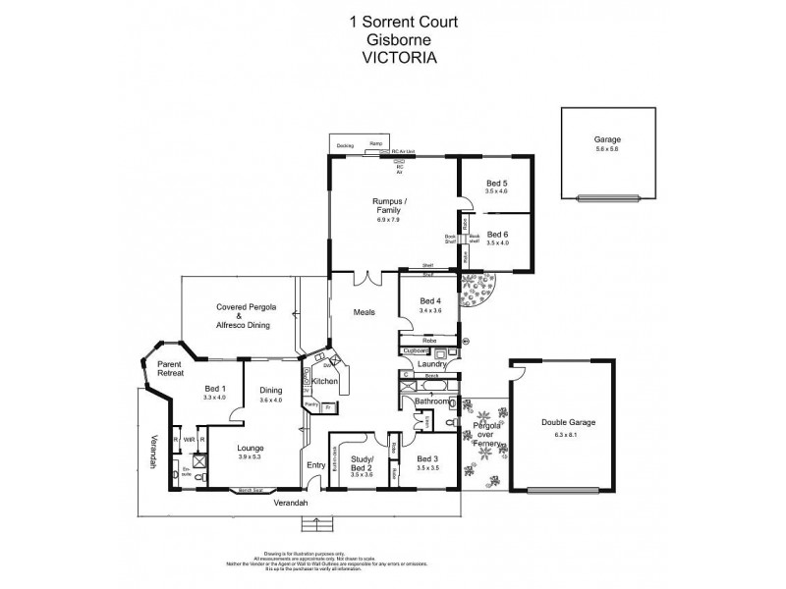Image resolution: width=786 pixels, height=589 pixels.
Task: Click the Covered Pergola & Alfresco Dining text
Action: pos(246,315)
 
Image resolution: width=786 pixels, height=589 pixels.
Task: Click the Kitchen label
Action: pos(325,381)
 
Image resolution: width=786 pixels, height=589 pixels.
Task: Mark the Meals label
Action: pos(365,313)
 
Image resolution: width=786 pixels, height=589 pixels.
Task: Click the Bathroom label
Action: pos(432,402)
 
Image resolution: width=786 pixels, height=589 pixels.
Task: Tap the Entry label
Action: pos(315,464)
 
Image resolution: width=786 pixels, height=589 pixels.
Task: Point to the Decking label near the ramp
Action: pos(345,145)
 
